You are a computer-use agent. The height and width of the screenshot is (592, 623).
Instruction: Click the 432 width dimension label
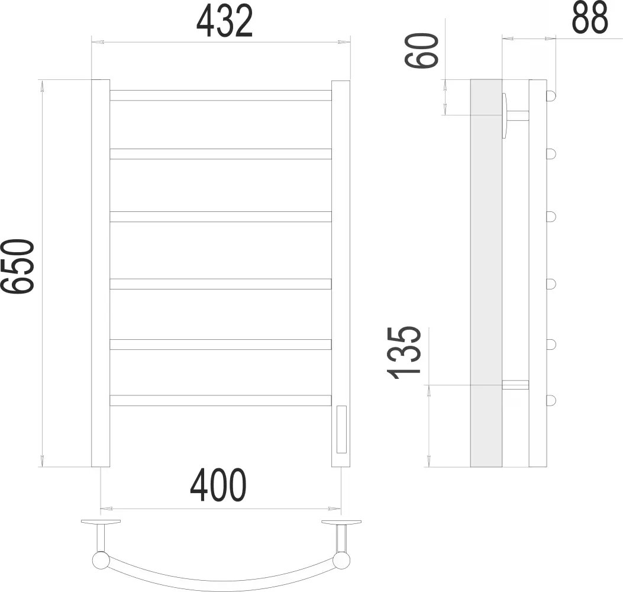[x=224, y=21]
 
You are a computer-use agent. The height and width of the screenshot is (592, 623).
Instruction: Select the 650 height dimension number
[x=17, y=266]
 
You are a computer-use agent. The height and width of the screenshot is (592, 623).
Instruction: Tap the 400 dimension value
[x=218, y=485]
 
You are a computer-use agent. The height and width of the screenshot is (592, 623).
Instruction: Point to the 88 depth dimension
[x=590, y=17]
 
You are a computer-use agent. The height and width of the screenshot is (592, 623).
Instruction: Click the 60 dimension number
[x=422, y=50]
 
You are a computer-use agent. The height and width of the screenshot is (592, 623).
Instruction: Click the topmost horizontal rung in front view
[x=221, y=95]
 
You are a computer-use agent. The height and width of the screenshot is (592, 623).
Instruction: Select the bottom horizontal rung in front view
[x=221, y=400]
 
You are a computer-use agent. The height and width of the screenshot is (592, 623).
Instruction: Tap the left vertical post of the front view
[x=101, y=273]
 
